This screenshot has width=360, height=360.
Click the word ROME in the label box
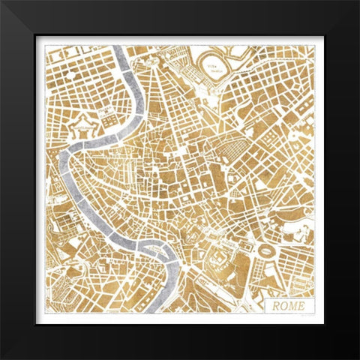point(288,305)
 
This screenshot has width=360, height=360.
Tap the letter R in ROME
point(275,305)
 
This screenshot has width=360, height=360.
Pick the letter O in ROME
point(283,305)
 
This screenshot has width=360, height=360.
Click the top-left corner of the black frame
point(2,2)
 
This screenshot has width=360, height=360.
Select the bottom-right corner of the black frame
point(358,358)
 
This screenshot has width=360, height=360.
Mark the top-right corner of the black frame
point(358,2)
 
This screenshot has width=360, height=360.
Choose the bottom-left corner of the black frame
point(2,358)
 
